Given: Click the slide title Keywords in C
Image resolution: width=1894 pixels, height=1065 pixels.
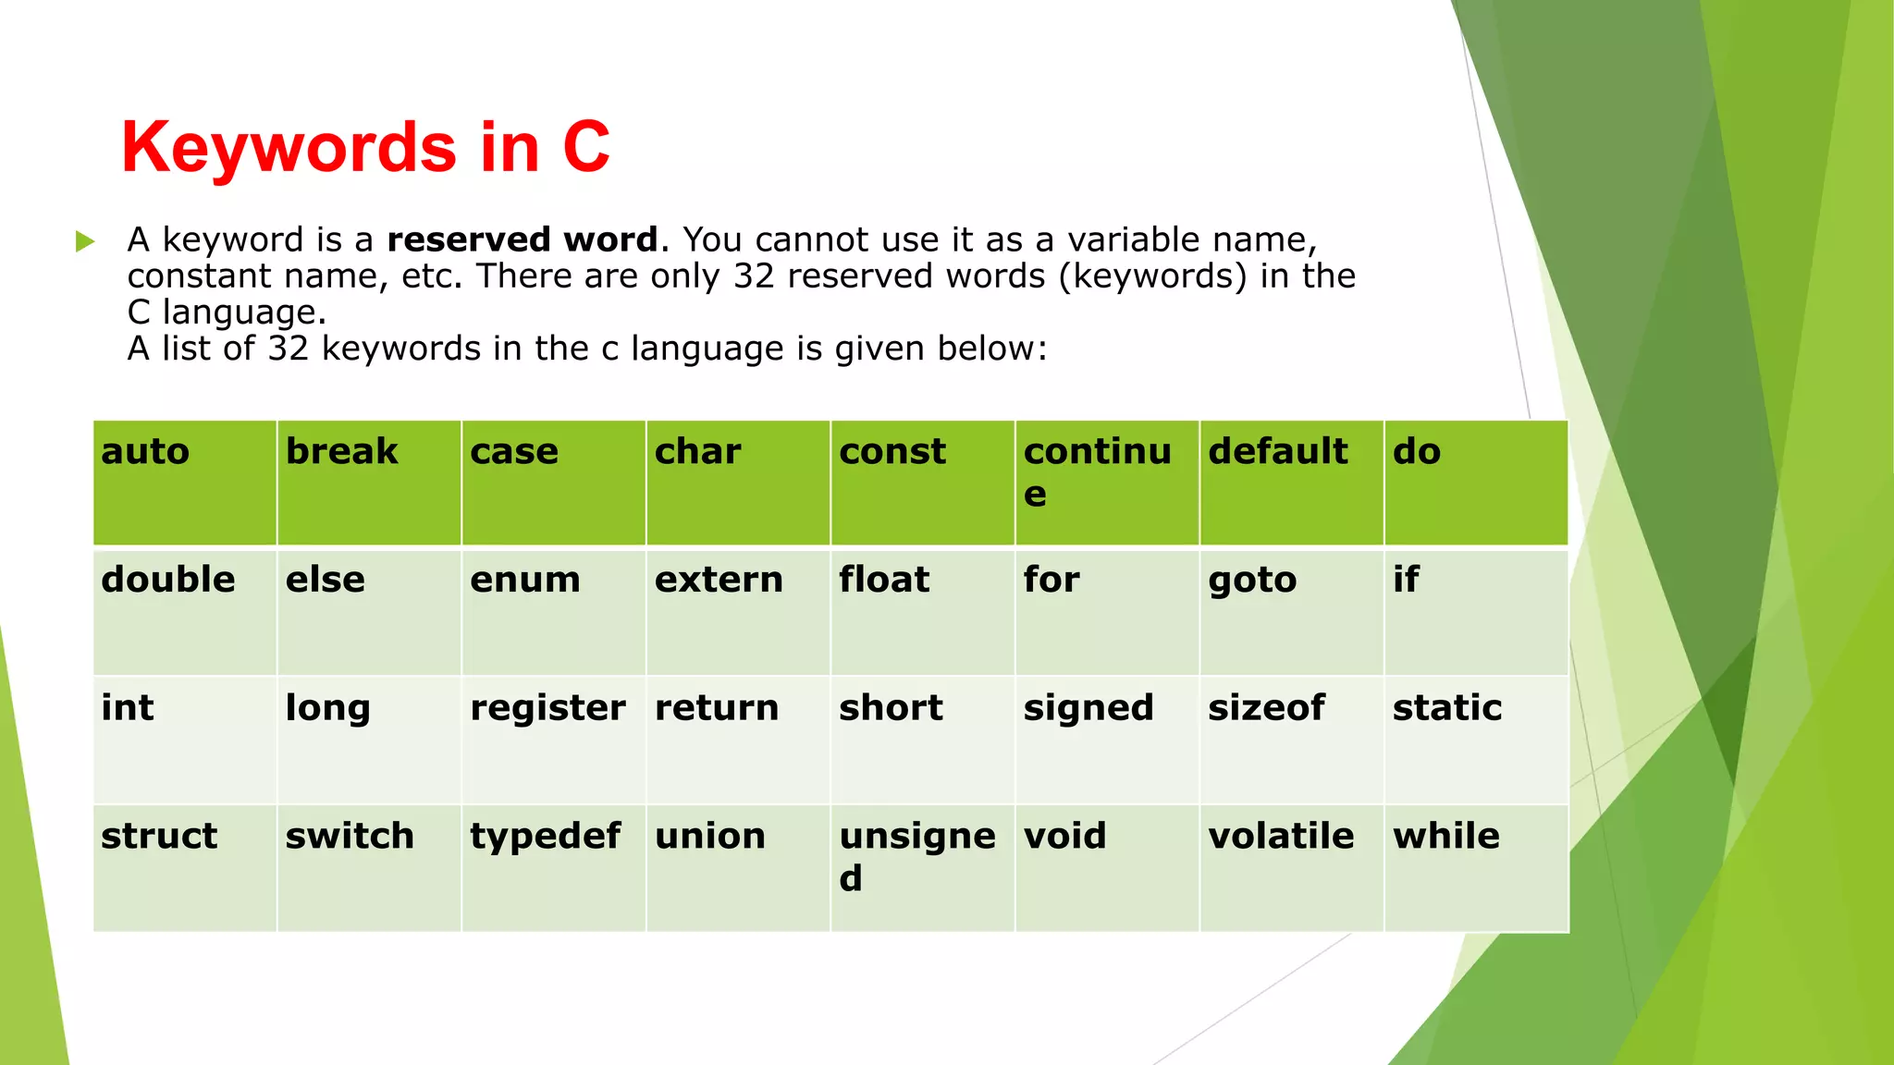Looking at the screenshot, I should (365, 147).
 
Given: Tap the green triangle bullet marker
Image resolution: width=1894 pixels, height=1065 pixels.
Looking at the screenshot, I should (85, 242).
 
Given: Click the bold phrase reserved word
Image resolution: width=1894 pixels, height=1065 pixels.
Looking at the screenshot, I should (522, 239).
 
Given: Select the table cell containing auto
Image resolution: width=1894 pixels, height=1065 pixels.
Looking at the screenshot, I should (185, 482).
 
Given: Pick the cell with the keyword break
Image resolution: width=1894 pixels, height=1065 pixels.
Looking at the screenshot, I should (369, 482).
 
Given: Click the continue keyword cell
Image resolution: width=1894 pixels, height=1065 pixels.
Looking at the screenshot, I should (1107, 482).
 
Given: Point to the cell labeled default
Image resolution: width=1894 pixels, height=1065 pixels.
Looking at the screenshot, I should (1291, 482).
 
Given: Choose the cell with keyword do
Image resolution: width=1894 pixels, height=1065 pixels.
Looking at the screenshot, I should (1475, 482).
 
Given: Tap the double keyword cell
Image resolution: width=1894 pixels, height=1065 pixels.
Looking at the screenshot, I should (185, 611).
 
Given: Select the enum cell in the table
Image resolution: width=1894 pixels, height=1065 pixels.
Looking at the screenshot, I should (553, 611).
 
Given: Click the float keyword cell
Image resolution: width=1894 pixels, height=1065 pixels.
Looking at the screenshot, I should (922, 611).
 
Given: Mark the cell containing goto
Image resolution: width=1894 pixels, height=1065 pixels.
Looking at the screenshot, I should (1291, 611).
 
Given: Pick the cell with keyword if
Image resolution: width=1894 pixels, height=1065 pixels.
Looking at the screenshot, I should (1475, 611).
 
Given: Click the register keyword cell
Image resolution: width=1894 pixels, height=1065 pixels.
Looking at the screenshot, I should (553, 739).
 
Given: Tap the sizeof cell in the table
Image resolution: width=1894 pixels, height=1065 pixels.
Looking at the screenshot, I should (1291, 739).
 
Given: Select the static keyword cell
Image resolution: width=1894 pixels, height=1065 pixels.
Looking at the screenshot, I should (1475, 739).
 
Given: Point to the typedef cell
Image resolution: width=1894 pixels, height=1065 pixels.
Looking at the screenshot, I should (553, 867).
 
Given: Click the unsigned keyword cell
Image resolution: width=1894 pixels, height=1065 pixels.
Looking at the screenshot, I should (922, 867).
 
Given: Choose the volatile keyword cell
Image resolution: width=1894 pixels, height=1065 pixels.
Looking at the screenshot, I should (1291, 867).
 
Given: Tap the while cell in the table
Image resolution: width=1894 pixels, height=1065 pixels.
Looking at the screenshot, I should (1475, 867).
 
